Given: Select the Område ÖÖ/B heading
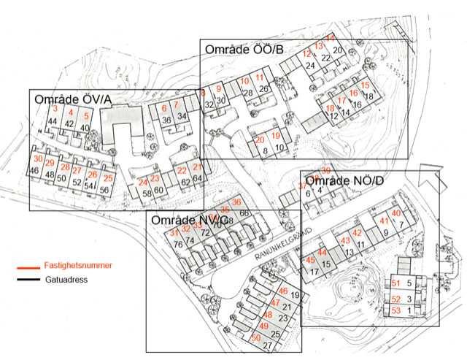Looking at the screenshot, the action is [243, 49].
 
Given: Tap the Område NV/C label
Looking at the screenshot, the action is [188, 220].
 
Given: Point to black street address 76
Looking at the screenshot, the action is [177, 244].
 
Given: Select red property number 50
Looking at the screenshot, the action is [255, 337].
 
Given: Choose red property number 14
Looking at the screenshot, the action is [330, 38].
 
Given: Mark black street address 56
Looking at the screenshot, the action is [104, 190].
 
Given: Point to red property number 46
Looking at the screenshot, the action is [283, 291].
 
